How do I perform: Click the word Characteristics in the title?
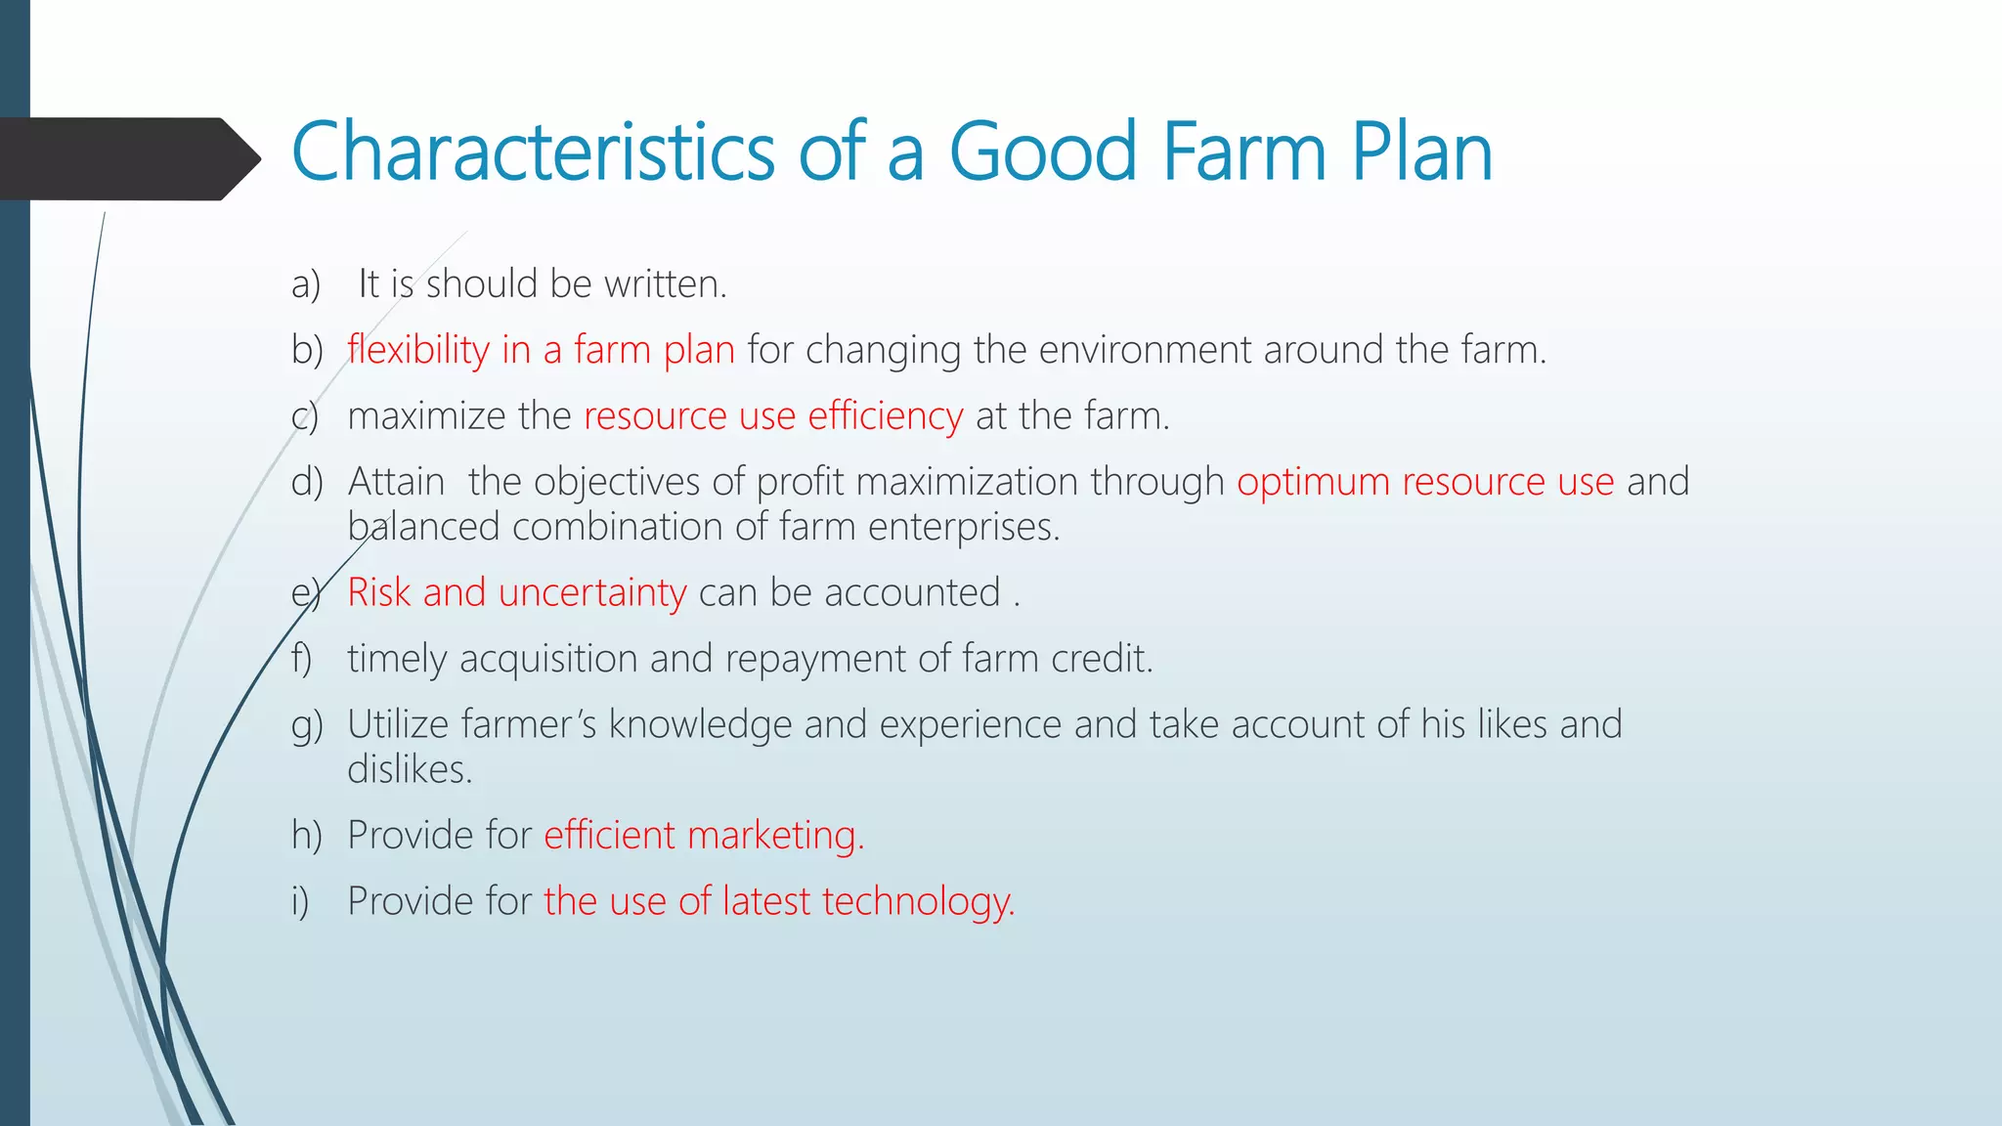pos(533,152)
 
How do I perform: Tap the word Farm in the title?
pos(1243,152)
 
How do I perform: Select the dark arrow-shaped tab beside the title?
pos(127,158)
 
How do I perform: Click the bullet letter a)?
pos(306,284)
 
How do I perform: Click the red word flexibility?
pos(418,350)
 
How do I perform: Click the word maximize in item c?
pos(426,416)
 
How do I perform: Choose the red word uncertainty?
pos(592,592)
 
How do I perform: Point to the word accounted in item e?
pos(912,592)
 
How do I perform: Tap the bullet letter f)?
pos(302,659)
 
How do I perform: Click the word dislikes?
pos(410,769)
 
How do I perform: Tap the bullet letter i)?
pos(300,901)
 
